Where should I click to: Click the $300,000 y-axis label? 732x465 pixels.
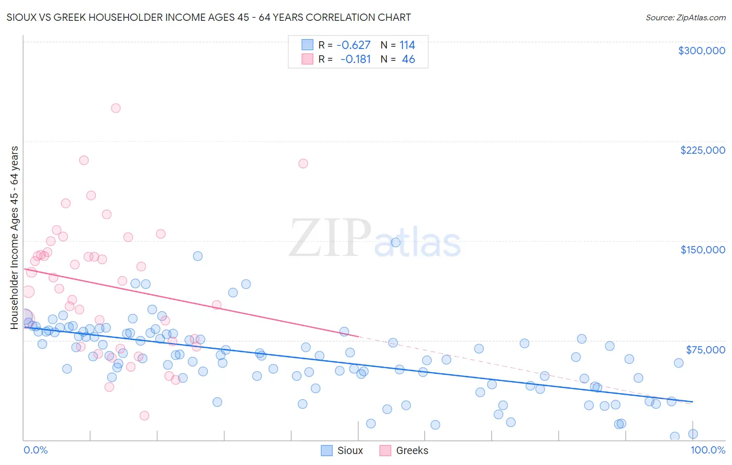701,51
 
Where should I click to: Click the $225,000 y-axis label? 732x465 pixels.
702,150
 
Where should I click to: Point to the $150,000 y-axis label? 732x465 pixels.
702,250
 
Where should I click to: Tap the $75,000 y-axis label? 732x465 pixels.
705,350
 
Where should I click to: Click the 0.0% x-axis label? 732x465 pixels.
35,450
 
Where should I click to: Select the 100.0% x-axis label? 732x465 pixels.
708,450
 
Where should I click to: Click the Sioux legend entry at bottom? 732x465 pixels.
342,451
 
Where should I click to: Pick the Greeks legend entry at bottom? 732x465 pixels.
403,451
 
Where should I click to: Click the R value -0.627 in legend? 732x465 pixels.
354,45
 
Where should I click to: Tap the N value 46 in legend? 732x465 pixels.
408,59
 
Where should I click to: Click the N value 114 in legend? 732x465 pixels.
407,45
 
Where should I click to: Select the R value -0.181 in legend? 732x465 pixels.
355,59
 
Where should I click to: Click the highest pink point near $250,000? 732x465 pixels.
116,108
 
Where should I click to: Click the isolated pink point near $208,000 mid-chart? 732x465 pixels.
303,164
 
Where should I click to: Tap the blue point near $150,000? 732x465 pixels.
395,242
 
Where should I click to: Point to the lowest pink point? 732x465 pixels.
144,415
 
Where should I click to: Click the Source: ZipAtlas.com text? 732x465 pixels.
685,18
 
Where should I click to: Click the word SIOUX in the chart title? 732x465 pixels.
21,18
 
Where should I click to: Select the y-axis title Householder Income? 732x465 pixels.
15,237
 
